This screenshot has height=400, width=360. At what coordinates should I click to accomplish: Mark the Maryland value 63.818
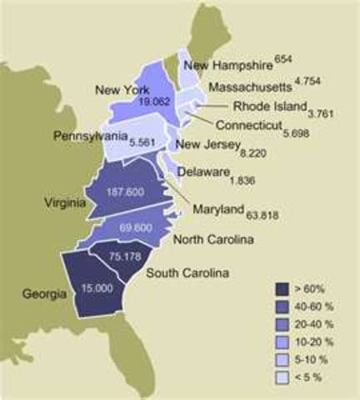[262, 214]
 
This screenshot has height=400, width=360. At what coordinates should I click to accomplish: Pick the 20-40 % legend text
[318, 324]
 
